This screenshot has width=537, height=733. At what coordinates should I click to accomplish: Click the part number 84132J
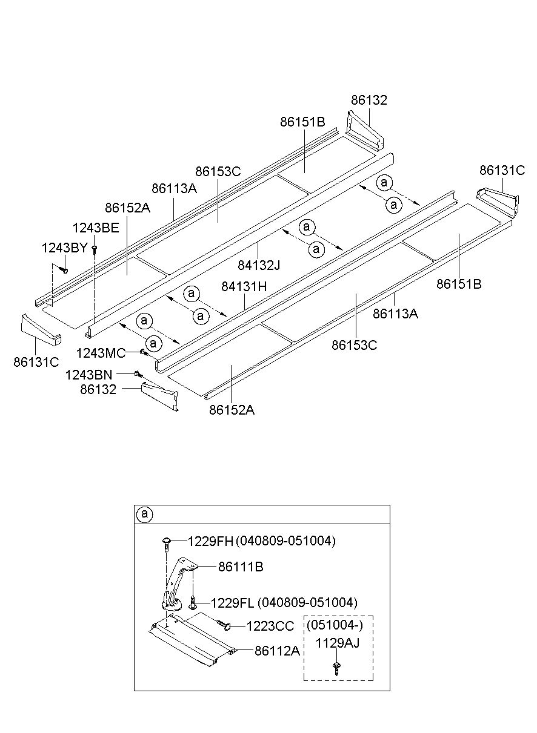259,265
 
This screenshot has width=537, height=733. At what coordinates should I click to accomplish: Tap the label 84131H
244,287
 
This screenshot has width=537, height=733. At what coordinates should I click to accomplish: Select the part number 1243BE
96,228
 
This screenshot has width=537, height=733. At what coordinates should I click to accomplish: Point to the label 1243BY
64,248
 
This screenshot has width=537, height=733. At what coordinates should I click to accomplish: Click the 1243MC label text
101,353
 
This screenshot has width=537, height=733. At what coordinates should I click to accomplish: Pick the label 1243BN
88,375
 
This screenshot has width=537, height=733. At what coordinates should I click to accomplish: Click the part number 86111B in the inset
241,567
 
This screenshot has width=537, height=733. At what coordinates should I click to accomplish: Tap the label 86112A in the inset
277,651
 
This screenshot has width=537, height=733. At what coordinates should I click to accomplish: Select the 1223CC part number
270,626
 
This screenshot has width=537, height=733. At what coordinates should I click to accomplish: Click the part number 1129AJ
338,643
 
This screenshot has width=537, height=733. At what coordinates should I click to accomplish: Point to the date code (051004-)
335,625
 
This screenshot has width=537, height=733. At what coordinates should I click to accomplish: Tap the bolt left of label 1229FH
167,544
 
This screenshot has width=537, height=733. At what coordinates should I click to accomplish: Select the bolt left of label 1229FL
193,603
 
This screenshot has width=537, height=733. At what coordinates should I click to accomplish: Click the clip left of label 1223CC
224,625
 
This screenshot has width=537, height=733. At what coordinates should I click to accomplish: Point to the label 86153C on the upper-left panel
218,171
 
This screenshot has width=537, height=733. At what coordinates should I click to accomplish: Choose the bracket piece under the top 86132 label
365,131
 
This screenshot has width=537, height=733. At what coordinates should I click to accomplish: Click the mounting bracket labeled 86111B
179,586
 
